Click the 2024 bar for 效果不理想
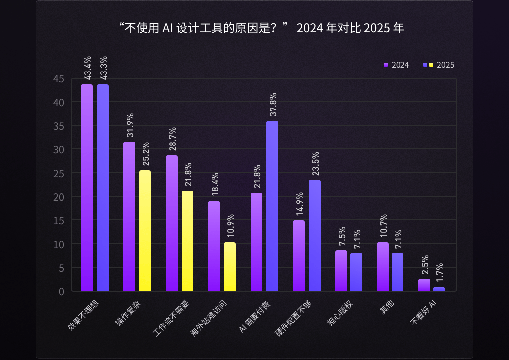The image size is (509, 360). pos(87,187)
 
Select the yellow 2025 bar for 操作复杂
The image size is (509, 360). pos(145,231)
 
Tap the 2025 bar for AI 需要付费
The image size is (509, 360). pos(272,206)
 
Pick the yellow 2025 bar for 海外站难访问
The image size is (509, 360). pos(230,267)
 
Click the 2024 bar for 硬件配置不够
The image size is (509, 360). pos(299,256)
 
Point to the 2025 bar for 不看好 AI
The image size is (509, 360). pos(439,289)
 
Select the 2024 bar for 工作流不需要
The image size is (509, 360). pos(172,223)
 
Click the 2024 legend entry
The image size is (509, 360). pos(397,65)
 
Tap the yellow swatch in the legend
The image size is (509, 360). pos(431,65)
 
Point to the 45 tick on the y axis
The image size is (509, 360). pos(59,79)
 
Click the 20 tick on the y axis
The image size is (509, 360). pos(59,197)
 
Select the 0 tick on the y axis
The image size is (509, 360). pos(61,291)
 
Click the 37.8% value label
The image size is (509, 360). pos(273,105)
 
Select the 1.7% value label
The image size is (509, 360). pos(439,270)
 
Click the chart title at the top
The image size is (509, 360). pos(261,28)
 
